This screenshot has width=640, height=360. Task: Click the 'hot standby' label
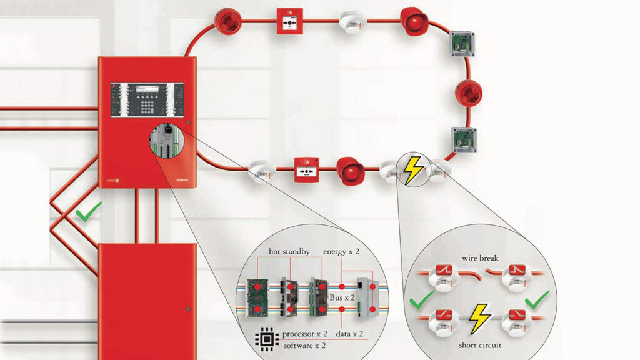[x=289, y=251]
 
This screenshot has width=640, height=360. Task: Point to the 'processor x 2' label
[x=307, y=334]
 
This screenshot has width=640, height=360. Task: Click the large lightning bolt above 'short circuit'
[x=479, y=317]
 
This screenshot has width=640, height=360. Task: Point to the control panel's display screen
[x=147, y=89]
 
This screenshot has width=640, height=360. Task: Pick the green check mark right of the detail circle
[x=537, y=301]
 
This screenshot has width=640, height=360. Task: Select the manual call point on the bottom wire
[x=307, y=169]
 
